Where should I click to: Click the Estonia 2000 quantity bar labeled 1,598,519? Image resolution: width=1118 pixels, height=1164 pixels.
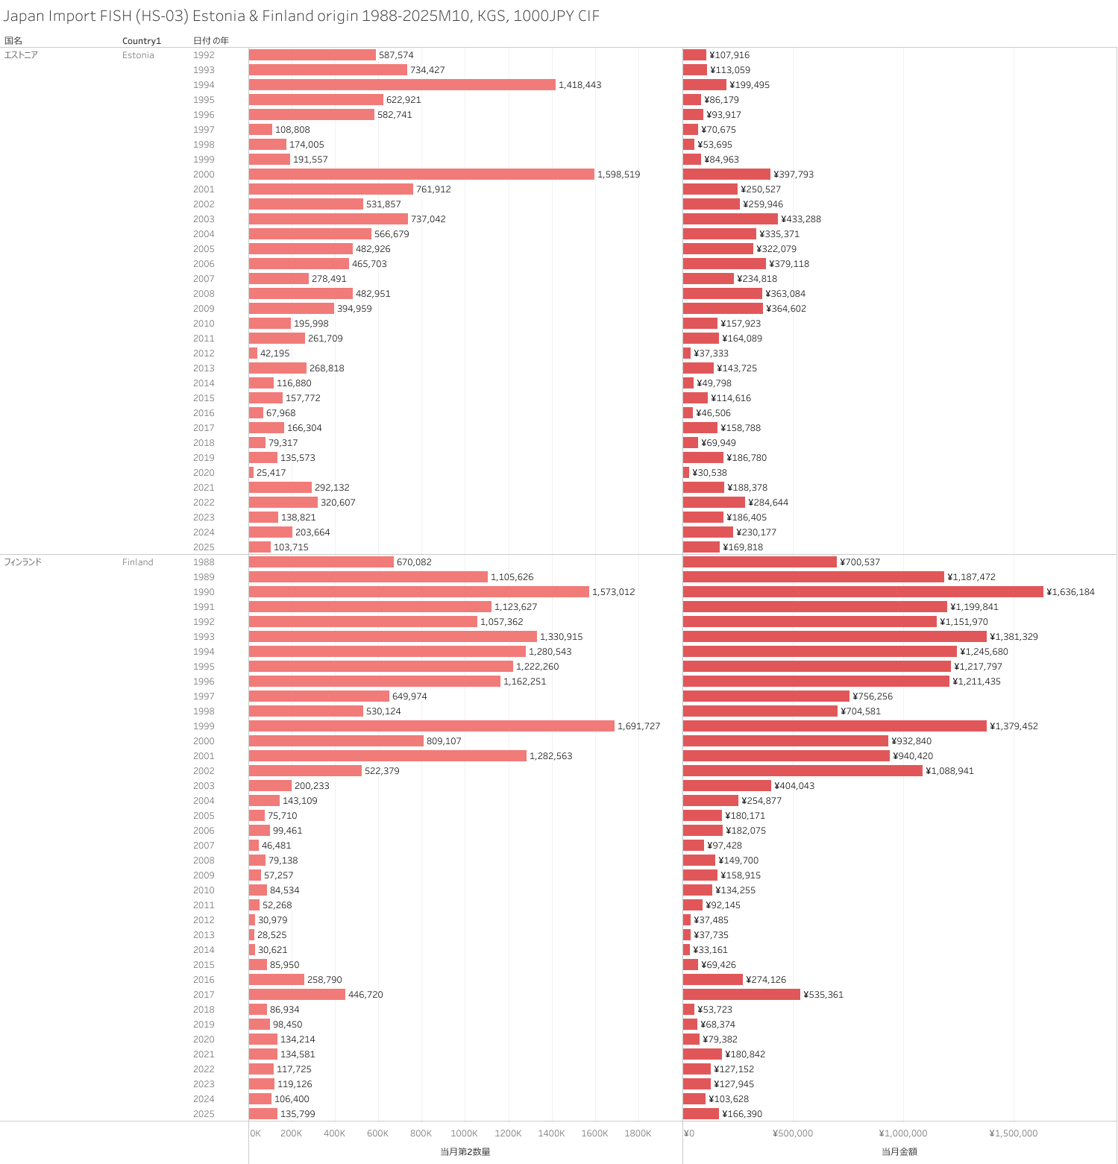pyautogui.click(x=421, y=174)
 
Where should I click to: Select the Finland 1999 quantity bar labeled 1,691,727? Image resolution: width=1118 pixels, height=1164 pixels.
pyautogui.click(x=431, y=726)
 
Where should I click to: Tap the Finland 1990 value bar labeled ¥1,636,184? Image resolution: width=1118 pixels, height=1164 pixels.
pyautogui.click(x=863, y=591)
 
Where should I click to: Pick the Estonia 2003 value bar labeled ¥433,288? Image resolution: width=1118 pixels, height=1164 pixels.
pyautogui.click(x=730, y=218)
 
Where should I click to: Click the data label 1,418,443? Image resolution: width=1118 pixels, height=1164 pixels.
pyautogui.click(x=580, y=85)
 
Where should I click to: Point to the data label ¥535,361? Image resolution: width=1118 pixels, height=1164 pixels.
pyautogui.click(x=823, y=995)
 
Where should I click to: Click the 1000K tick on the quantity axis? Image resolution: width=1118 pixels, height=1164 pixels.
pyautogui.click(x=464, y=1133)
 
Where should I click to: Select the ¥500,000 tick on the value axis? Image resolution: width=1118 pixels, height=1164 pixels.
pyautogui.click(x=792, y=1133)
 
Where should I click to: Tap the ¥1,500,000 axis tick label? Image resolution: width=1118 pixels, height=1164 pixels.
pyautogui.click(x=1013, y=1133)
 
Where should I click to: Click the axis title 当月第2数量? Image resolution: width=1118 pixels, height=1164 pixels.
pyautogui.click(x=465, y=1152)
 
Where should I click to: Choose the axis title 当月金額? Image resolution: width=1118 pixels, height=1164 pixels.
pyautogui.click(x=899, y=1152)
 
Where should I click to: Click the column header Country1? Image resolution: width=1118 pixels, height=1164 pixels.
pyautogui.click(x=142, y=41)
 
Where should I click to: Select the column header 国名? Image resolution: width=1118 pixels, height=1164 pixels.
pyautogui.click(x=13, y=41)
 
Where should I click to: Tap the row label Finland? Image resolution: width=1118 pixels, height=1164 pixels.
pyautogui.click(x=138, y=562)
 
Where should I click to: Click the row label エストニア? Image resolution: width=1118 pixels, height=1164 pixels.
pyautogui.click(x=21, y=55)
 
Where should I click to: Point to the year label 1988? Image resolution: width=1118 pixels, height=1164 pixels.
pyautogui.click(x=204, y=562)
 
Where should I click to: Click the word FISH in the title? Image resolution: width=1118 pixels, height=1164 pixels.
pyautogui.click(x=116, y=16)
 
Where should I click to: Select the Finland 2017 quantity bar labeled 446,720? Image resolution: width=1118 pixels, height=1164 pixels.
pyautogui.click(x=297, y=994)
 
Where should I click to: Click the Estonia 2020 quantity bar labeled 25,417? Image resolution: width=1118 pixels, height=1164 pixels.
pyautogui.click(x=251, y=472)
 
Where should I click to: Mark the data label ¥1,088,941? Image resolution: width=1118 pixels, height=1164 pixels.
pyautogui.click(x=949, y=771)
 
